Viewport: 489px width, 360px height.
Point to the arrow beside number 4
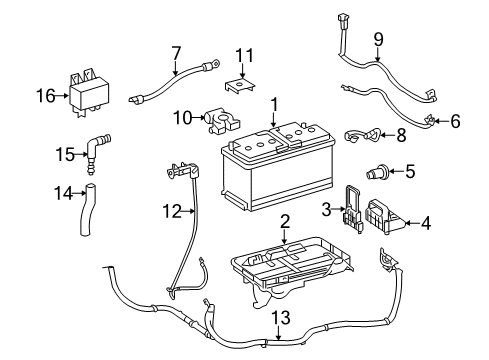pos(410,224)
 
